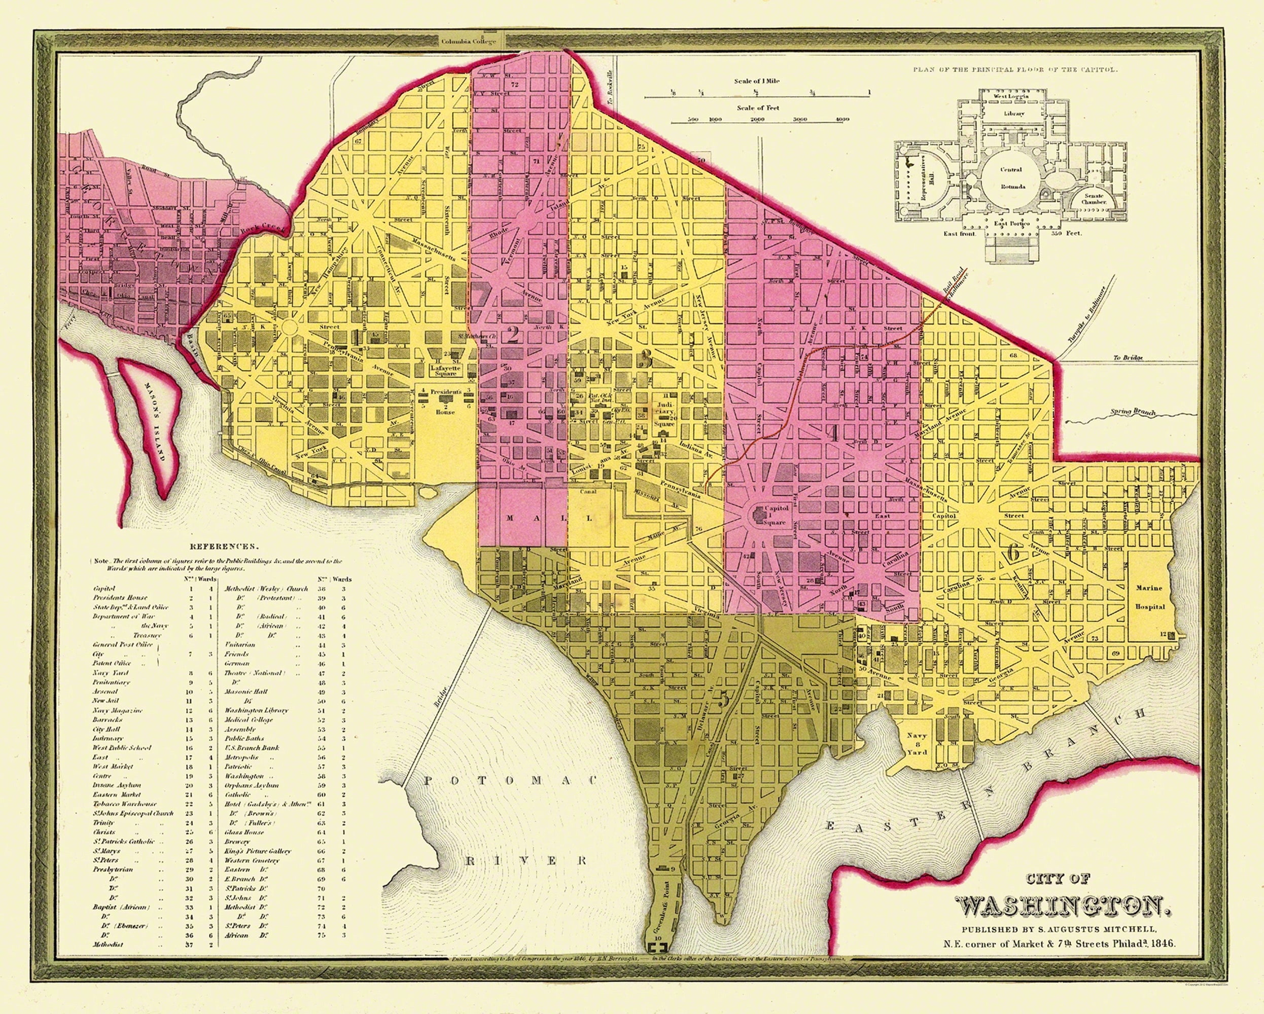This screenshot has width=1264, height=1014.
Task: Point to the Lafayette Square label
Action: click(446, 371)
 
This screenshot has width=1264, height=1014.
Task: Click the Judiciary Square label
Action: click(665, 414)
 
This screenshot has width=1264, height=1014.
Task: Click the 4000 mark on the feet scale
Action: click(842, 120)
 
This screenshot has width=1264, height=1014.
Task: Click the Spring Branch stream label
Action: click(1132, 413)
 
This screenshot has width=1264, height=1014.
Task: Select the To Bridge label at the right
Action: click(1128, 358)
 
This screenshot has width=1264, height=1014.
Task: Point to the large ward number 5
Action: click(723, 699)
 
